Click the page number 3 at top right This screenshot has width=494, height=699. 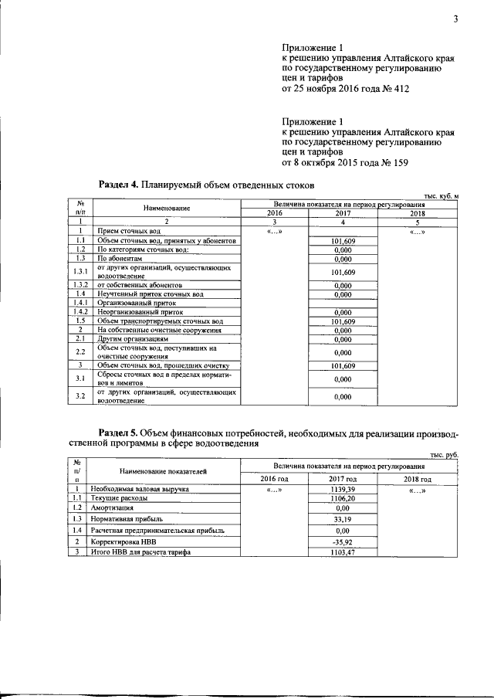(x=455, y=20)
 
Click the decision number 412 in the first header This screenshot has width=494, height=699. (x=398, y=89)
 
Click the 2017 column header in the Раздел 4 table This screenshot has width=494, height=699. (x=343, y=212)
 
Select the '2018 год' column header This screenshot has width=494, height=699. (x=417, y=480)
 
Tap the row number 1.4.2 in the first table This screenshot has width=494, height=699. (x=80, y=312)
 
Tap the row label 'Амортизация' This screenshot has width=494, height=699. (x=113, y=508)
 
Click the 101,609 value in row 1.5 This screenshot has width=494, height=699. (x=342, y=321)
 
